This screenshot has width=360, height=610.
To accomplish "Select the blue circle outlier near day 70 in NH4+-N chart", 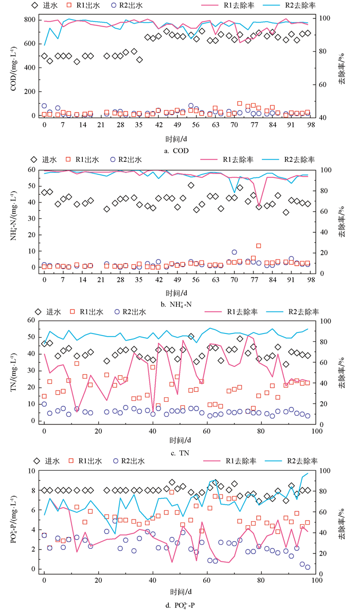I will coord(234,252).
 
